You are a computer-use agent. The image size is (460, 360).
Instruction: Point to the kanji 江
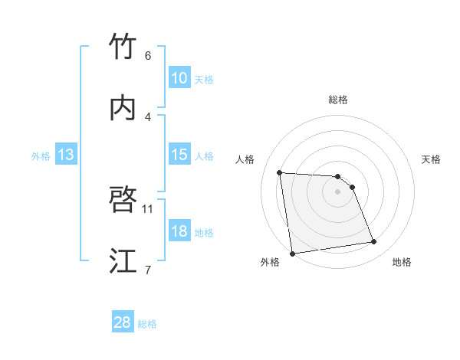point(123,261)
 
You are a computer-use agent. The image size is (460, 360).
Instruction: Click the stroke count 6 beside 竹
point(148,56)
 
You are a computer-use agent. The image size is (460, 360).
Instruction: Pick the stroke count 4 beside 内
point(148,116)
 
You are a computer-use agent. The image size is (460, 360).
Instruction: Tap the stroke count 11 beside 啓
point(148,208)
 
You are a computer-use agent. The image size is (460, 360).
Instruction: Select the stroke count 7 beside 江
point(148,270)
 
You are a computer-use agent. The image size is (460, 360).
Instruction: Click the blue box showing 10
point(179,78)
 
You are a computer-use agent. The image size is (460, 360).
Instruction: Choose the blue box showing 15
point(179,155)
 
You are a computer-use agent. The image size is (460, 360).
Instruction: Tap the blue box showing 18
point(179,231)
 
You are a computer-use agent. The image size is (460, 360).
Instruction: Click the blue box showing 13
point(66,155)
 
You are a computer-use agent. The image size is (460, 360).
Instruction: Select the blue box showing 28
point(123,322)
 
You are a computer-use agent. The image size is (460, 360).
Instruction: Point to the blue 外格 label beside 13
point(41,155)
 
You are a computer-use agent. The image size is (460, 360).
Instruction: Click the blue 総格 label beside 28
point(147,324)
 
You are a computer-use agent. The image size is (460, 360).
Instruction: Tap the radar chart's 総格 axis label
point(338,100)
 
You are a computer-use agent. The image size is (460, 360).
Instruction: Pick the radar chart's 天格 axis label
point(432,159)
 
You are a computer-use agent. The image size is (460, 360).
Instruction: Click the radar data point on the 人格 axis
point(280,172)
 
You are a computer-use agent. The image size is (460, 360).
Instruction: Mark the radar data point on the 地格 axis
point(374,242)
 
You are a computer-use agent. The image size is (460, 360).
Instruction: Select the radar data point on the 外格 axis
point(292,253)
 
